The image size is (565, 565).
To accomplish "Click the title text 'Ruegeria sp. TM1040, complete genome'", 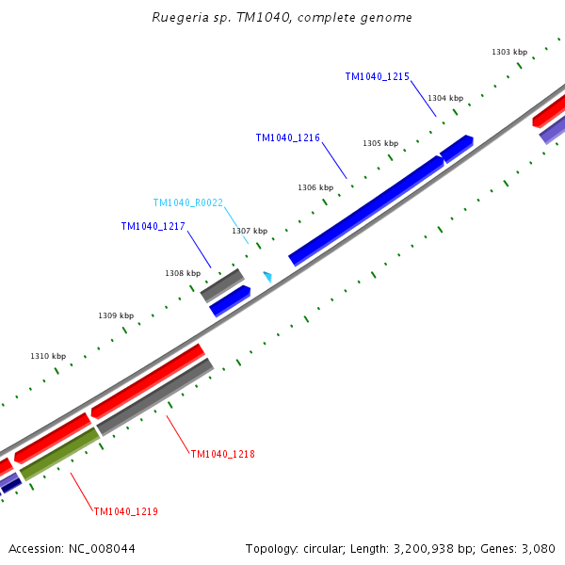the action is [282, 18].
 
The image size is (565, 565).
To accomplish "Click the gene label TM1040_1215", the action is [377, 77].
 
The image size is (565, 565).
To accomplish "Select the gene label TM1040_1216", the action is [287, 138].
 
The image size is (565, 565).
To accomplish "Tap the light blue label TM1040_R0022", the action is [188, 203].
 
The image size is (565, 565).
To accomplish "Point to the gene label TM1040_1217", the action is [153, 227].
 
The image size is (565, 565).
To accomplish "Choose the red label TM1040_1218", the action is [222, 454].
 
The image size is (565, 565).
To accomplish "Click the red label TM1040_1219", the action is [125, 512].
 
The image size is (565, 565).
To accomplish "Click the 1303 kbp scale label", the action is [509, 52].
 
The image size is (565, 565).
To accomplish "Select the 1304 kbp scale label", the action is [445, 98].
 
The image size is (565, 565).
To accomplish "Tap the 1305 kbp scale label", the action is [380, 143].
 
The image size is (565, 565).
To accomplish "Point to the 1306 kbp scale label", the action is [315, 187].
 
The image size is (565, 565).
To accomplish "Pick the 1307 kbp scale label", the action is [250, 231].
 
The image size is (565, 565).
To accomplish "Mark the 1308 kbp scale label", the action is [183, 273].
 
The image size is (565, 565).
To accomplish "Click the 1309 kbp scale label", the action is [116, 315].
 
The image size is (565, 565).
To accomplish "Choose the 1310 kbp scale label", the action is [48, 357].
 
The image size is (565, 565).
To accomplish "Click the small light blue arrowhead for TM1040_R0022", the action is [267, 277].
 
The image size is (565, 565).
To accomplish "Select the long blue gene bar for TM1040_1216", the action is [365, 209].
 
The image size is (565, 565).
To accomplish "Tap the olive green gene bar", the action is [59, 454].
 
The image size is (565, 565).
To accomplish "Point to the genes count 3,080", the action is [539, 548].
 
